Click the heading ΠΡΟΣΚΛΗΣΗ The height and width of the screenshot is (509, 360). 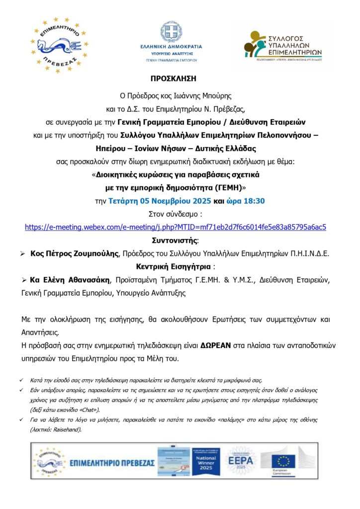180,79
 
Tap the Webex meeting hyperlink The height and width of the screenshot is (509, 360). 176,227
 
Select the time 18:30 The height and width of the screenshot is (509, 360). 253,201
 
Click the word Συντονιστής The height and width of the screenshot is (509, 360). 180,241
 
